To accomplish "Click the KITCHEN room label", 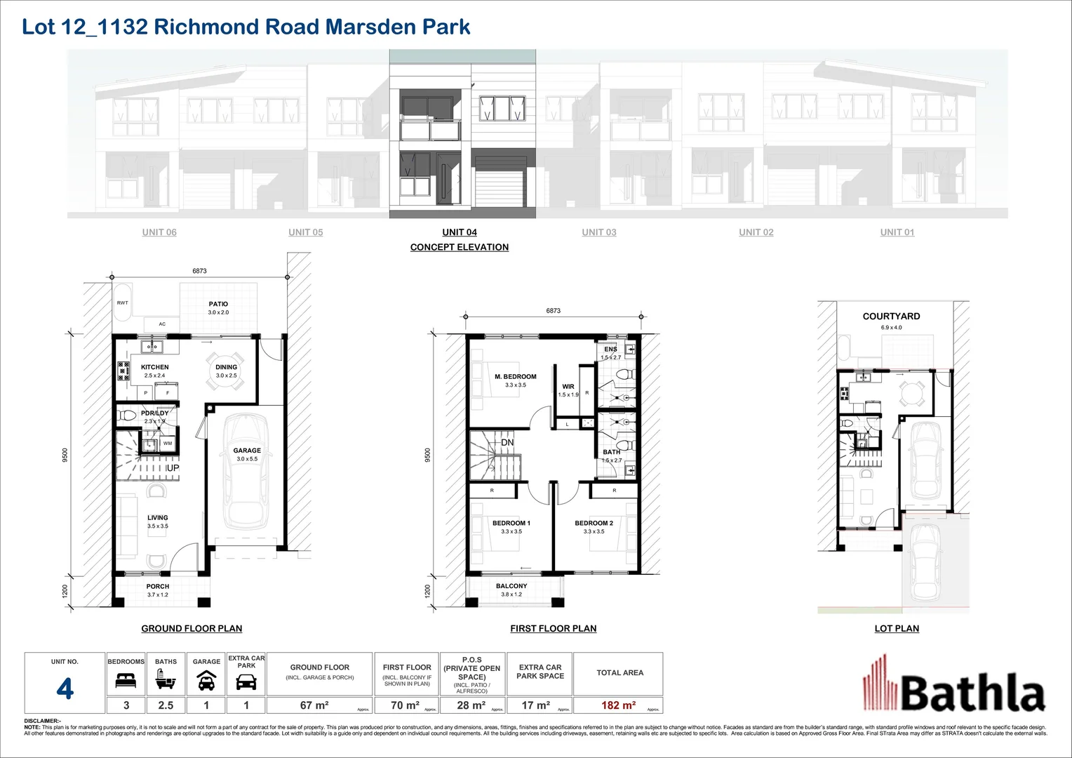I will click(x=154, y=367).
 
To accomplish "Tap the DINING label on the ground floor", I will click(x=226, y=367).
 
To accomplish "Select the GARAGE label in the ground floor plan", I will click(x=247, y=451).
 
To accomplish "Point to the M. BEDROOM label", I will click(x=515, y=377).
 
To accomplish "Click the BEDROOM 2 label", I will click(x=594, y=523).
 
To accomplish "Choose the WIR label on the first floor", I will click(x=568, y=387).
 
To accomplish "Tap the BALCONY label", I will click(x=511, y=586).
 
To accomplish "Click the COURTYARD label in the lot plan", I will click(x=891, y=317).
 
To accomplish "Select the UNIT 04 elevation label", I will click(x=460, y=232).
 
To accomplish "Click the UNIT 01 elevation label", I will click(x=897, y=232).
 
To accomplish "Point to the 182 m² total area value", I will click(x=618, y=705).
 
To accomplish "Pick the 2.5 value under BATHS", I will click(x=166, y=705).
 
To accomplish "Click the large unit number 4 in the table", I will click(x=65, y=690).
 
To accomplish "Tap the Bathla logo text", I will click(x=972, y=692).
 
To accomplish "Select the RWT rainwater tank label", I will click(x=123, y=302).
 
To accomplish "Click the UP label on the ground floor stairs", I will click(x=173, y=468).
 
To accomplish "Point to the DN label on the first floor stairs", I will click(x=507, y=442).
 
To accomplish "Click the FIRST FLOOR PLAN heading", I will click(x=553, y=629).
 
